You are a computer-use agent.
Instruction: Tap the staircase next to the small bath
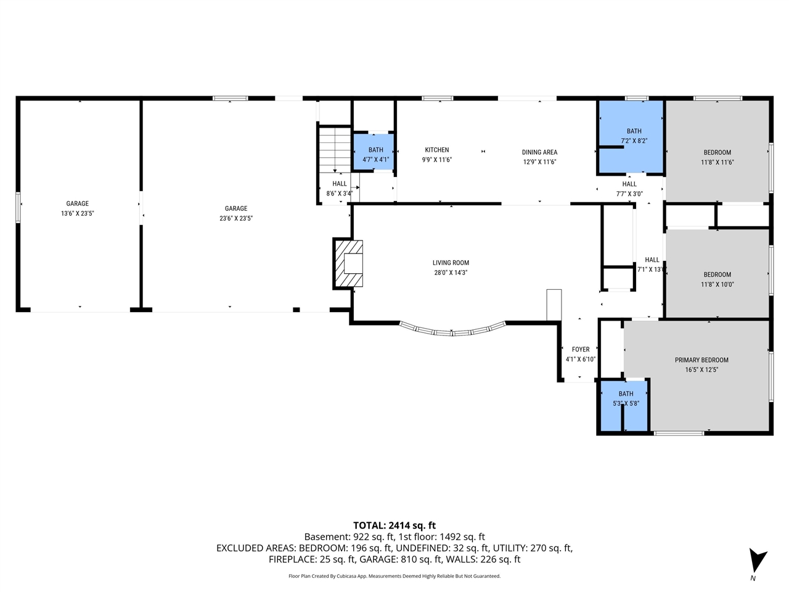click(x=335, y=149)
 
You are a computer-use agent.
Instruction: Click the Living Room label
click(x=451, y=263)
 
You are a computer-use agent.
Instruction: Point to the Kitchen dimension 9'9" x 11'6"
click(x=437, y=160)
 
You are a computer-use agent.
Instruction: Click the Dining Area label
click(x=539, y=152)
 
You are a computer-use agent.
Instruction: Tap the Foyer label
click(x=581, y=350)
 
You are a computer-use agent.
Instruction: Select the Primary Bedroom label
click(x=701, y=360)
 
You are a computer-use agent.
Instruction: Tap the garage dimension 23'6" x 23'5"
click(x=236, y=218)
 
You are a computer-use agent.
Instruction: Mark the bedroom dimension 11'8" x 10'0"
click(x=717, y=284)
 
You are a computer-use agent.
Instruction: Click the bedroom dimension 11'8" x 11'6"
click(x=717, y=162)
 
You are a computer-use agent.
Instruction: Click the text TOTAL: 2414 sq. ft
click(x=394, y=525)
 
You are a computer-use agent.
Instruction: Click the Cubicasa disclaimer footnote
click(x=394, y=576)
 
